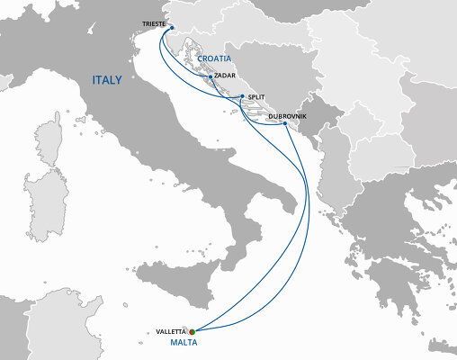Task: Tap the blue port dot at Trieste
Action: [171, 28]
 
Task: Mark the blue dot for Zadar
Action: [210, 77]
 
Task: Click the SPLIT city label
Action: [256, 96]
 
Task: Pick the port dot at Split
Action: [241, 97]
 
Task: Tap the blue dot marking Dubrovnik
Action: [285, 124]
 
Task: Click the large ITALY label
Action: [112, 81]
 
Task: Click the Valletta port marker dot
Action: [192, 332]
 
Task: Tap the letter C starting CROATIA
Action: [200, 58]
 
